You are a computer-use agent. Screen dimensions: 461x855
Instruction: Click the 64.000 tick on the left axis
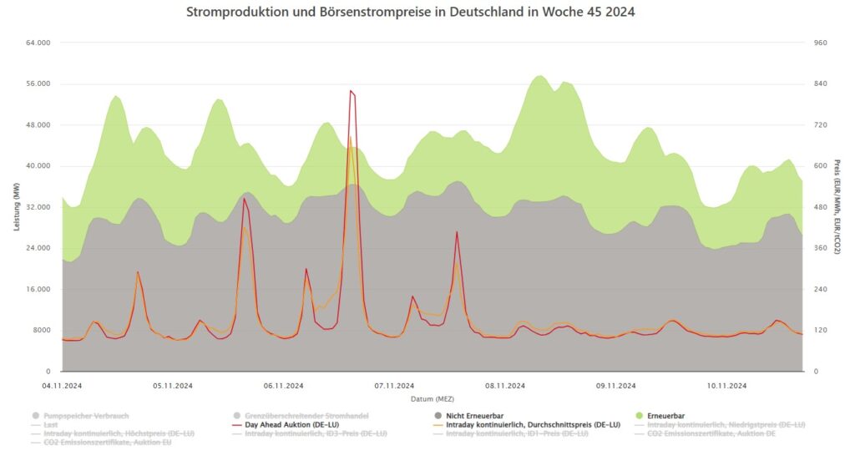tap(38, 43)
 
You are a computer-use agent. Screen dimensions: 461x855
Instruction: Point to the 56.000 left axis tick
tap(38, 84)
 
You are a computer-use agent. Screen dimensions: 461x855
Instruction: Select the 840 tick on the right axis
tap(820, 84)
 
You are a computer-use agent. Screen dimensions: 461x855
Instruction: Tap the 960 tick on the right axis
tap(820, 43)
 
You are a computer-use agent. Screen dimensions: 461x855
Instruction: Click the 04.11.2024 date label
tap(62, 385)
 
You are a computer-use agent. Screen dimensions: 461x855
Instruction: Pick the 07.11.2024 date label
tap(394, 385)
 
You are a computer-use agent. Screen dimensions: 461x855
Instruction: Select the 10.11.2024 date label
tap(726, 385)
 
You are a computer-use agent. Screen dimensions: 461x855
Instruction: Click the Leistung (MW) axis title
tap(17, 207)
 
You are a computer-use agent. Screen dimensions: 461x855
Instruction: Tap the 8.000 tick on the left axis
tap(41, 330)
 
